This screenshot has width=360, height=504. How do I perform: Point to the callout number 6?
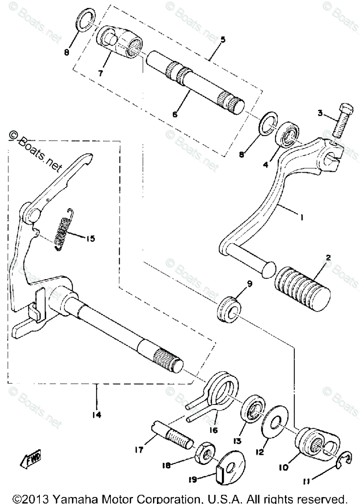click(175, 114)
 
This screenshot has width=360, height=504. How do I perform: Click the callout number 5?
click(223, 39)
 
